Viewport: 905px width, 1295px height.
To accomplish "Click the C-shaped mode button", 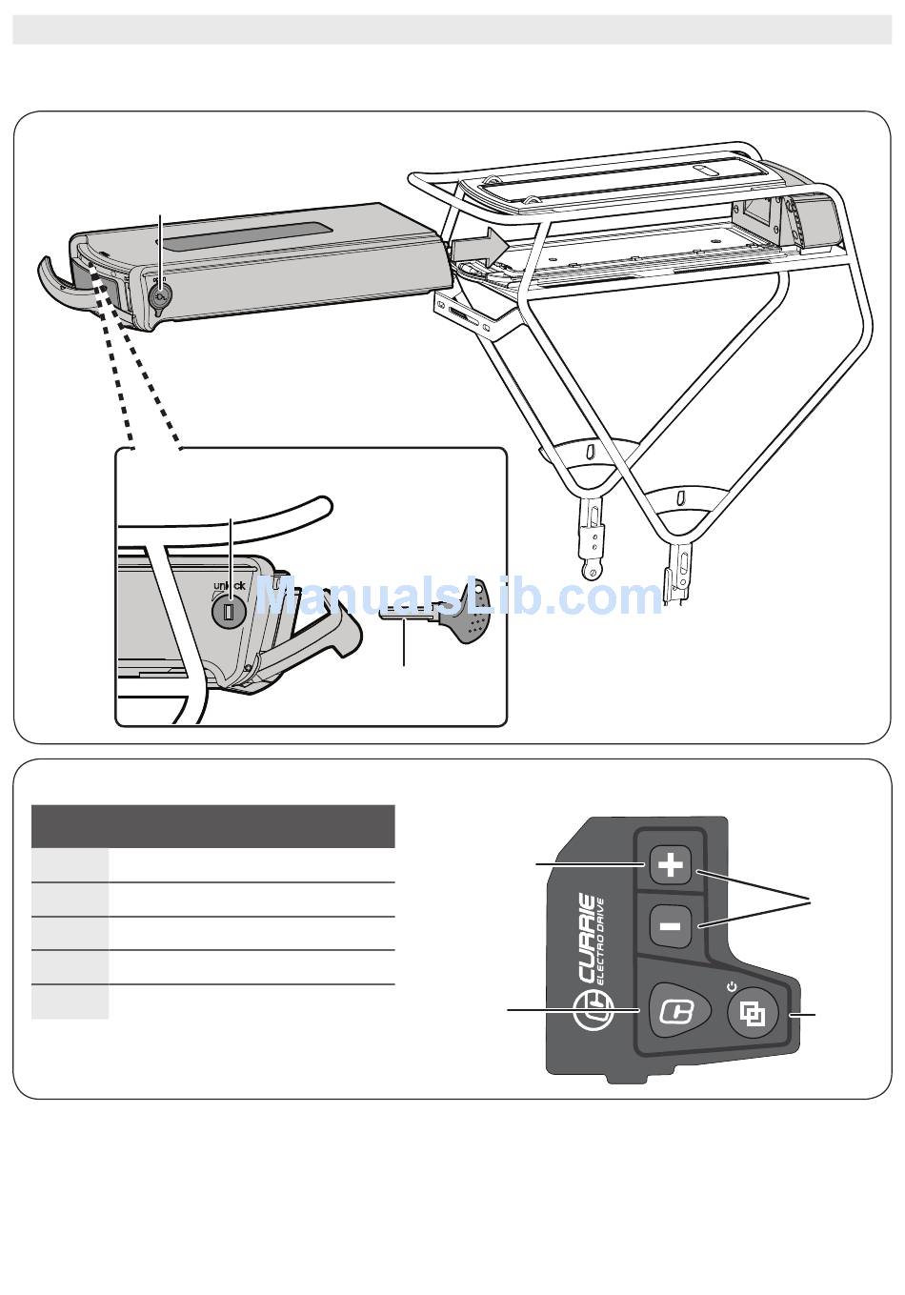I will click(679, 1011).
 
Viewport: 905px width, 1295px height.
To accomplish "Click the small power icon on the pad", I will click(730, 984).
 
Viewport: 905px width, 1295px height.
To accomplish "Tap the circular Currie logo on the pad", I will click(594, 1011).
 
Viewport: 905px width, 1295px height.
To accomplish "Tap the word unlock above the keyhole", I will click(229, 585).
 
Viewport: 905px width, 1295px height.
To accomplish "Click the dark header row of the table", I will click(212, 826).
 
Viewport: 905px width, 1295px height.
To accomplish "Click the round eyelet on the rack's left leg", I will click(593, 573).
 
